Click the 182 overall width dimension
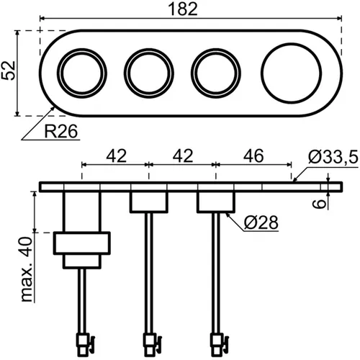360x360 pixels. [x=183, y=9]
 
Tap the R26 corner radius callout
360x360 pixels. [x=61, y=131]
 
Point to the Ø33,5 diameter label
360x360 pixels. [x=333, y=157]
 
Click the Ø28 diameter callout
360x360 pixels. [x=261, y=222]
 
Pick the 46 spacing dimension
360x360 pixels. [x=253, y=156]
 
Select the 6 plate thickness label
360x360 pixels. [x=320, y=204]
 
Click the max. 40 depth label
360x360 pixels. [x=27, y=269]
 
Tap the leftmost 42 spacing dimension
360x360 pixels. [x=116, y=156]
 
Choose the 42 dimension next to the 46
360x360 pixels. [x=183, y=156]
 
